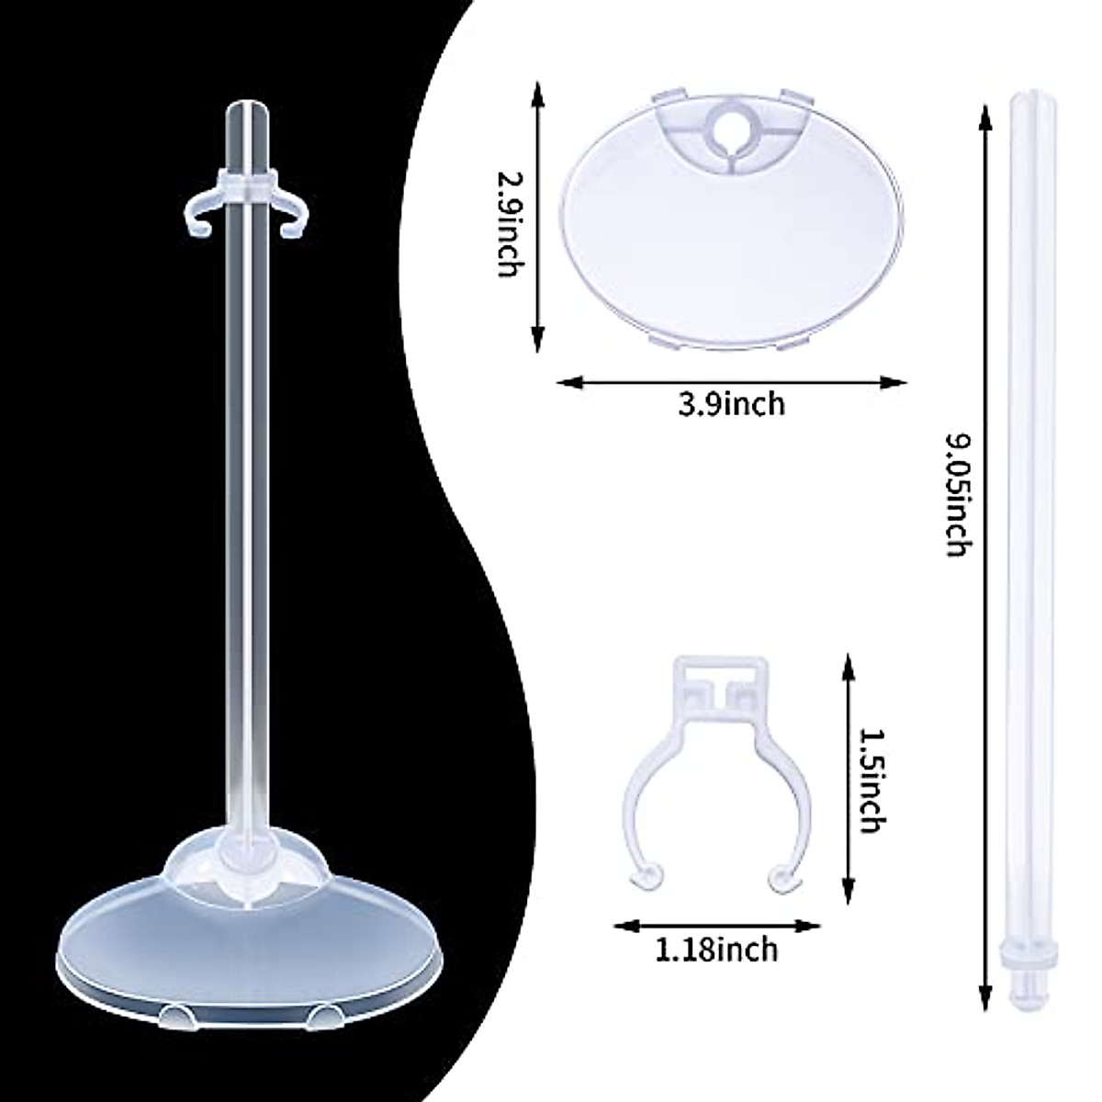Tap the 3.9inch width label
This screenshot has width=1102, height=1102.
732,402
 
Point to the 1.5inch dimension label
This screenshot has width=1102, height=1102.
869,780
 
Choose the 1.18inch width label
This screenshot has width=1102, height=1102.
717,948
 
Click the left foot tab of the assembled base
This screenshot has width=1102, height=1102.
175,1013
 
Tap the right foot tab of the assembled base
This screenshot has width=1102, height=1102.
323,1012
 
